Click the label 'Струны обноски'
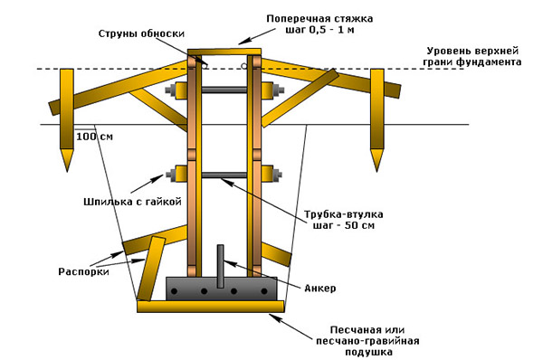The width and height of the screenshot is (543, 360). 141,34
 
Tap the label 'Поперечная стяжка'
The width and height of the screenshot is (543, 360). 319,18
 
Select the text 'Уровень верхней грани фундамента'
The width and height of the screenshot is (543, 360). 472,56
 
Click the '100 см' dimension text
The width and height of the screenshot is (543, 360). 94,137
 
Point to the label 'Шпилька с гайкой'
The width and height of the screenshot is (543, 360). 133,202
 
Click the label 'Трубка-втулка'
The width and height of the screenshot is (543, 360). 344,214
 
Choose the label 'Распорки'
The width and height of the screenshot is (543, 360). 83,271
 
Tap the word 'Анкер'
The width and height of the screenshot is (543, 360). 320,288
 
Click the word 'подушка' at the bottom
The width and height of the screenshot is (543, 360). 368,353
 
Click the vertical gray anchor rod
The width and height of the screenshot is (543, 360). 220,266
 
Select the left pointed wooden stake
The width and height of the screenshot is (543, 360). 66,120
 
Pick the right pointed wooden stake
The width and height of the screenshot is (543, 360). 377,120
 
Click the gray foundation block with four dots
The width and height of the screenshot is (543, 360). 222,289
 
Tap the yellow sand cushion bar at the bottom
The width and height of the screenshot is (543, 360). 211,307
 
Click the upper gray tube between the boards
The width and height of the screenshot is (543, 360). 224,90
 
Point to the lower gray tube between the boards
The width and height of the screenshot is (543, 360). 224,175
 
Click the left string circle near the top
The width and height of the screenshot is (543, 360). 205,65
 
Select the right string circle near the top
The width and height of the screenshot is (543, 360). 244,65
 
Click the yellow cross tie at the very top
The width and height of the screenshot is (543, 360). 224,52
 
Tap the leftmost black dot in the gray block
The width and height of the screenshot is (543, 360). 174,291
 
